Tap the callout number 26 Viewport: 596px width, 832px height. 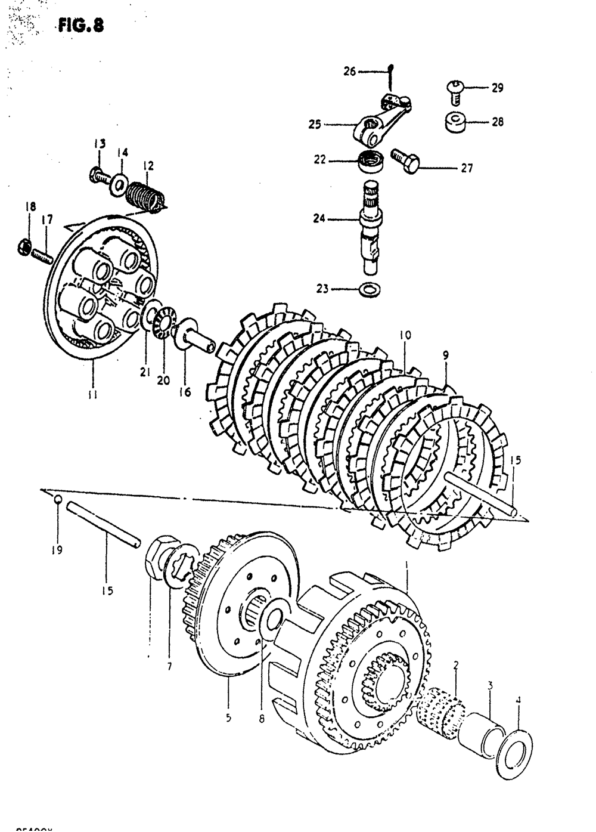coord(349,72)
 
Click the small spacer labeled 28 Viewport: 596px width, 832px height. coord(455,122)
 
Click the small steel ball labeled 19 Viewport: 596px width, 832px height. coord(57,500)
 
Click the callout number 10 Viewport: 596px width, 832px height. coord(405,336)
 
